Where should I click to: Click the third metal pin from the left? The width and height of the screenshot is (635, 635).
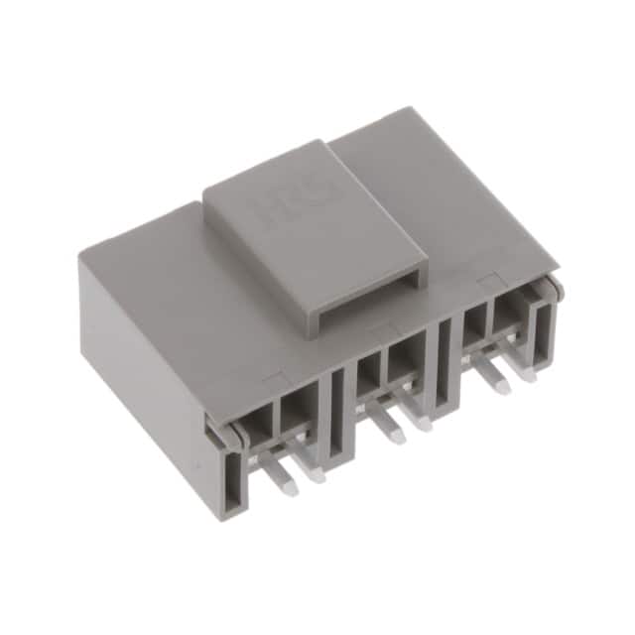(394, 435)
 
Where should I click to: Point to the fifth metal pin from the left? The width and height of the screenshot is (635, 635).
(497, 383)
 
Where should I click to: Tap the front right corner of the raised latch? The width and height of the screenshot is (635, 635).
(424, 279)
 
